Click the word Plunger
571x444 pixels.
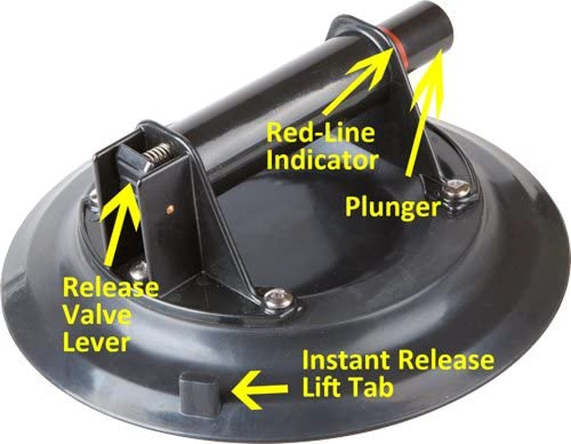point(392,208)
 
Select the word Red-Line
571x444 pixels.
point(320,133)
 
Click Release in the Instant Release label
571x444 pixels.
point(446,361)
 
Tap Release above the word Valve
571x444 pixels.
point(111,287)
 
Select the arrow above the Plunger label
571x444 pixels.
point(425,113)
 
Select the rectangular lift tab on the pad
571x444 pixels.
point(200,395)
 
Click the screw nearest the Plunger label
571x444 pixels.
point(457,189)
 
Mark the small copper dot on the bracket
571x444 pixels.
point(170,209)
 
